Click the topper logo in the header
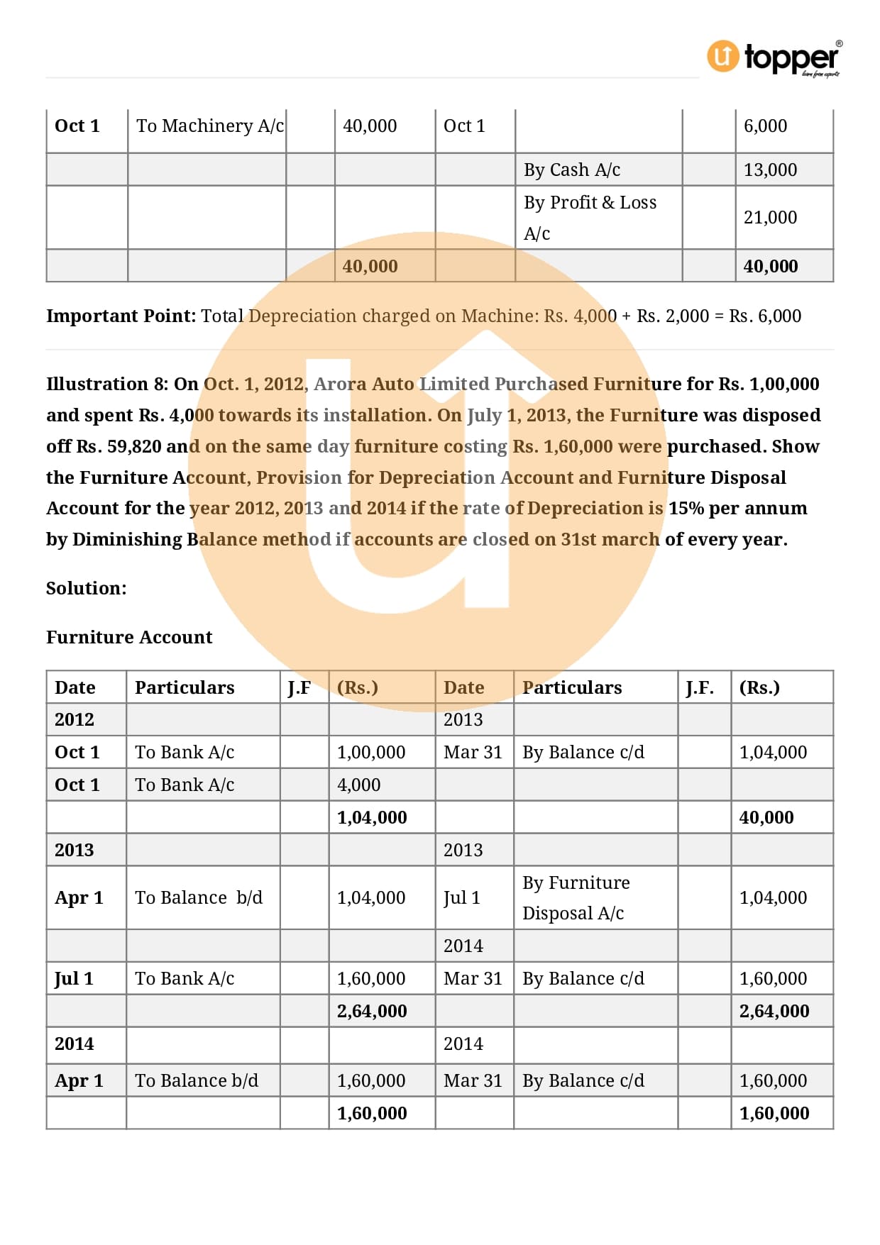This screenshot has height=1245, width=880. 774,57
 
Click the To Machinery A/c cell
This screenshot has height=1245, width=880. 209,126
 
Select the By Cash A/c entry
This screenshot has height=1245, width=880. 572,170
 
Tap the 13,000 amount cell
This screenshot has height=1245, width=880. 770,170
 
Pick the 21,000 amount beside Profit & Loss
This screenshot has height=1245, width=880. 770,218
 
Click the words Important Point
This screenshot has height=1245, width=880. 121,316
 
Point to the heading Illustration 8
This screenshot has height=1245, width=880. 107,384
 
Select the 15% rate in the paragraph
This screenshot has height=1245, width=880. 686,509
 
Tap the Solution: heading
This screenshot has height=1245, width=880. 87,589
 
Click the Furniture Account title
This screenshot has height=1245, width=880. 129,638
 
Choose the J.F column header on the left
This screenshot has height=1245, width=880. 299,688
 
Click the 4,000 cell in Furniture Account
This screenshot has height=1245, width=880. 359,785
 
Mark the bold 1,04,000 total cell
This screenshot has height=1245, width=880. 372,818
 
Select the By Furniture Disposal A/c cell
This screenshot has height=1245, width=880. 576,898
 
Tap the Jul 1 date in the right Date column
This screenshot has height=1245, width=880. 462,898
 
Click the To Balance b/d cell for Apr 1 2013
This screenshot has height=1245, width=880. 199,898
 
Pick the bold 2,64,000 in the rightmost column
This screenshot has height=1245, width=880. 774,1012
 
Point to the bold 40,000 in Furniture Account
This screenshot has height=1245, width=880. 766,818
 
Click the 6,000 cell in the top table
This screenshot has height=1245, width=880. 765,126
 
